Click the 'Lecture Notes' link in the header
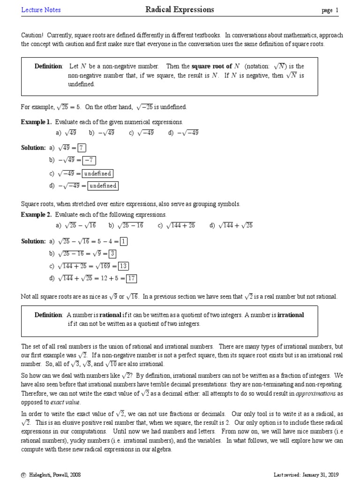[41, 10]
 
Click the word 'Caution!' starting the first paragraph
[32, 36]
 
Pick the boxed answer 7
[82, 148]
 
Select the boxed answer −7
[89, 160]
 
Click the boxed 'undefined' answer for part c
[97, 173]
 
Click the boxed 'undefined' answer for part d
[103, 186]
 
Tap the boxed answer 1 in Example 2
[123, 241]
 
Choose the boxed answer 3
[112, 254]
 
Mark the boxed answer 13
[123, 266]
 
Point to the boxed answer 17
[131, 278]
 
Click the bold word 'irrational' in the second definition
[291, 315]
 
